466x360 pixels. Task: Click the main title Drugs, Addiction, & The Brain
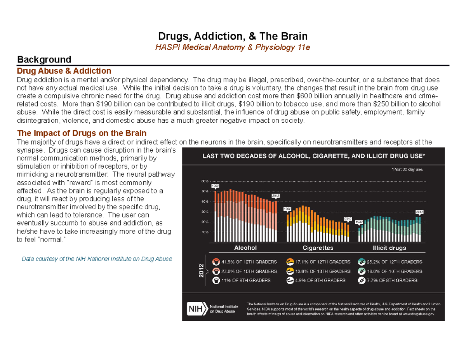pyautogui.click(x=233, y=37)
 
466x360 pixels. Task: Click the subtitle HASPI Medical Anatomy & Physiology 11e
pyautogui.click(x=233, y=47)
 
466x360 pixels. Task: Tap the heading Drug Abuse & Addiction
pyautogui.click(x=64, y=71)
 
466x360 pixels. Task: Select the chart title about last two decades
pyautogui.click(x=313, y=156)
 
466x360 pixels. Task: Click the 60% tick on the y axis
pyautogui.click(x=205, y=181)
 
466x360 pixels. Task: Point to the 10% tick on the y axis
pyautogui.click(x=205, y=232)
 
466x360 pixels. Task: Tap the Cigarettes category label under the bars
pyautogui.click(x=318, y=247)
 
